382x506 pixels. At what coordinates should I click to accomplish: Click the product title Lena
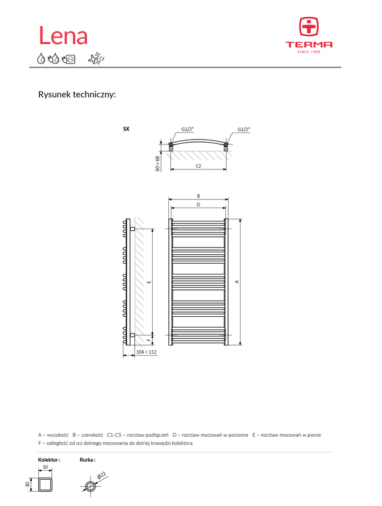point(63,36)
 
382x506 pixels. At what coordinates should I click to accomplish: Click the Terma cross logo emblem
point(309,27)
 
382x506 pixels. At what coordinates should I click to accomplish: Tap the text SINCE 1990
point(309,52)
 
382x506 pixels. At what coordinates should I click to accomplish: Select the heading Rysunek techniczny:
point(76,94)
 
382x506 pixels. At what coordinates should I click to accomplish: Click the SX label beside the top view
point(126,129)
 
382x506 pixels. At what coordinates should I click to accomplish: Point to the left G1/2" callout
point(187,129)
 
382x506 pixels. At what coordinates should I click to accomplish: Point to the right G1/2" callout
point(244,129)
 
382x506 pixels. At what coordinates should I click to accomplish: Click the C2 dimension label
point(198,166)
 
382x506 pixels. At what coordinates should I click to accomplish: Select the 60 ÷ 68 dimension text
point(158,163)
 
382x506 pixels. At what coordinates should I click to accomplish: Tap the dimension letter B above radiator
point(198,196)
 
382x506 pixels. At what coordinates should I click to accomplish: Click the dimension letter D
point(198,205)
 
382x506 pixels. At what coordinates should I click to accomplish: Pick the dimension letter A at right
point(237,282)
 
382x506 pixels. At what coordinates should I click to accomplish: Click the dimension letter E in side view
point(149,282)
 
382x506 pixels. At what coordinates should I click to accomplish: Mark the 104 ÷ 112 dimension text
point(146,353)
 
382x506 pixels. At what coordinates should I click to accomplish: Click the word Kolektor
point(49,460)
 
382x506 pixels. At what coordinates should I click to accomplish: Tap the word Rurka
point(87,460)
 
